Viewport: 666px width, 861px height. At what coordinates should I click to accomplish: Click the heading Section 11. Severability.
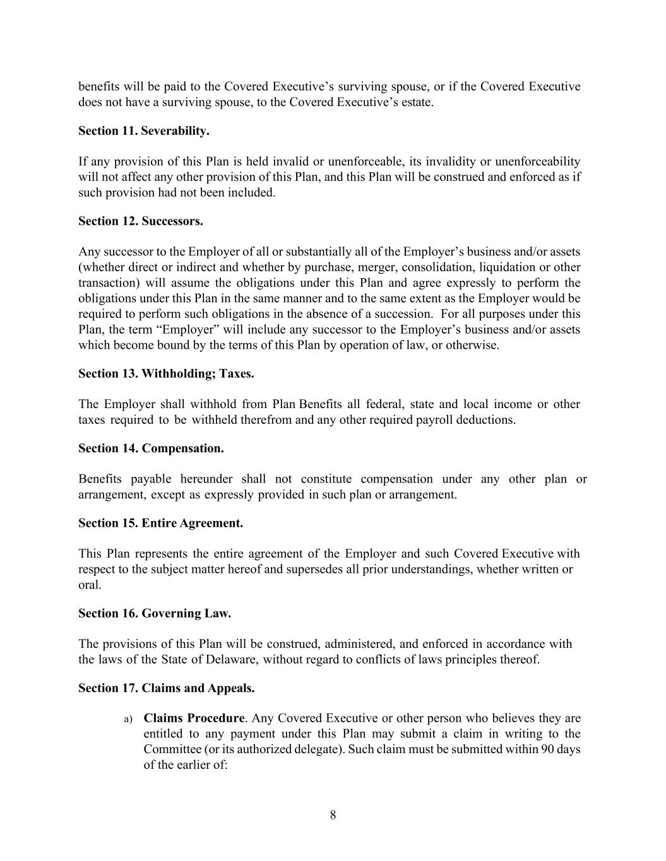pyautogui.click(x=143, y=131)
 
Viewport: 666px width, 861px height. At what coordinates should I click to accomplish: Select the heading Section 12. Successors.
pyautogui.click(x=140, y=221)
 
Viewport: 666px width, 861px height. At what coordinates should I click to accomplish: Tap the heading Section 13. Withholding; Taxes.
pyautogui.click(x=166, y=374)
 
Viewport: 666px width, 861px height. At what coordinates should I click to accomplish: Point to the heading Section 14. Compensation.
pyautogui.click(x=151, y=448)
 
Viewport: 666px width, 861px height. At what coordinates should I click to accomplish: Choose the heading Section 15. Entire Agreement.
pyautogui.click(x=160, y=524)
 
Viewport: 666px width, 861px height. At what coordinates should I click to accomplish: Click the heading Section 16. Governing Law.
pyautogui.click(x=155, y=614)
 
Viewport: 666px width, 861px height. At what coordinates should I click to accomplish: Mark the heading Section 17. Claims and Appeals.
pyautogui.click(x=166, y=688)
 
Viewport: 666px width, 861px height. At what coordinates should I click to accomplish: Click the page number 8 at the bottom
pyautogui.click(x=333, y=815)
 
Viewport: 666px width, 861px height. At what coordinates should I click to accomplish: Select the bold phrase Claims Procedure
pyautogui.click(x=194, y=718)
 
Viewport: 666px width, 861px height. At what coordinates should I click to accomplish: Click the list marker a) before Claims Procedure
pyautogui.click(x=128, y=719)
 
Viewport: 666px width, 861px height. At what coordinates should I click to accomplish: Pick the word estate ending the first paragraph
pyautogui.click(x=416, y=102)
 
